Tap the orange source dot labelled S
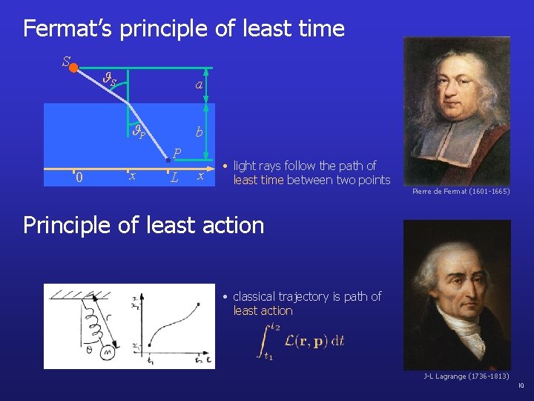pos(74,67)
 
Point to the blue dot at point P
pos(168,159)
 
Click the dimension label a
pos(198,85)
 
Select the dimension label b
pos(198,133)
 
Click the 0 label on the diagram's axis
pos(79,177)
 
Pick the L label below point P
pos(174,178)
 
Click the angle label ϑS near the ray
pos(110,78)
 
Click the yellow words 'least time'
pos(258,180)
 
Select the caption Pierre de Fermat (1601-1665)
pos(461,192)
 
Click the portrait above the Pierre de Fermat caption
pos(457,111)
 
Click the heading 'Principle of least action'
pos(144,225)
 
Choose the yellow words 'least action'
pos(263,310)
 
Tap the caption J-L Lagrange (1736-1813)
pos(466,376)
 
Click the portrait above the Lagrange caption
pos(457,294)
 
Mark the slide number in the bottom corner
pos(521,385)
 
